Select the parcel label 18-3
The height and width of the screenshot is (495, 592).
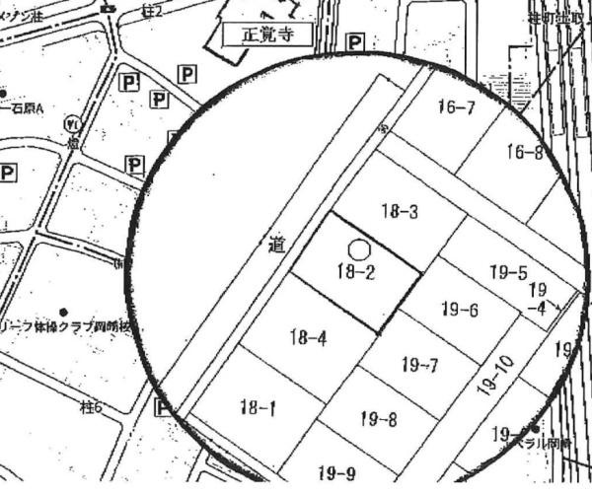click(x=400, y=210)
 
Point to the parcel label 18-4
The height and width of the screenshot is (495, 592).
click(x=308, y=339)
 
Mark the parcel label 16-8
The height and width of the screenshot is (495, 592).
click(x=525, y=152)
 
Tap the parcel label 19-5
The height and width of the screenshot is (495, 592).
click(x=508, y=272)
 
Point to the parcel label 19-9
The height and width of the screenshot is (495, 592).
click(x=336, y=473)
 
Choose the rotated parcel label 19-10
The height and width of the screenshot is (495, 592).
click(x=497, y=375)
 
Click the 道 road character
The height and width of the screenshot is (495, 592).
click(x=275, y=244)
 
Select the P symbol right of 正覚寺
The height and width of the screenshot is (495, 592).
click(x=354, y=43)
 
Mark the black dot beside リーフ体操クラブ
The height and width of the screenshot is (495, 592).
click(x=64, y=313)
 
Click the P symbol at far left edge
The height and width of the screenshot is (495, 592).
click(x=8, y=173)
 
